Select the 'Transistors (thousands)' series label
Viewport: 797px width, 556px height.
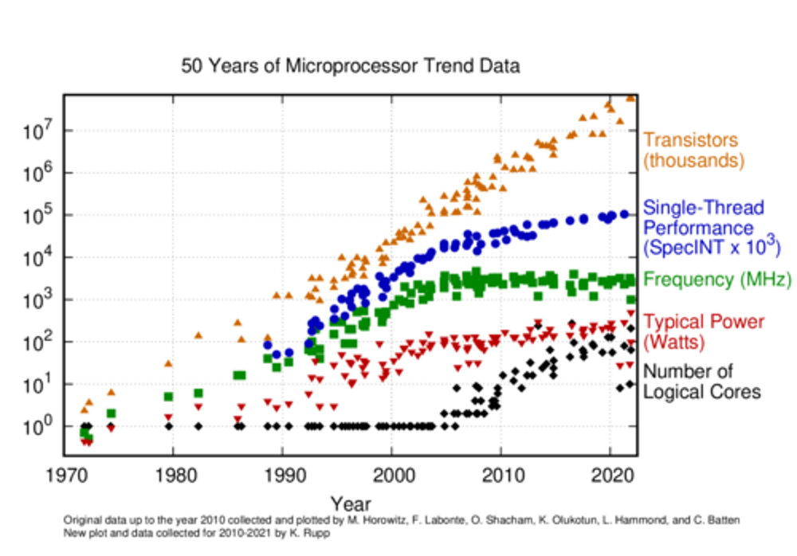pos(693,151)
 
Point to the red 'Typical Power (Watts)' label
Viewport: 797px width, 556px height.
pos(703,332)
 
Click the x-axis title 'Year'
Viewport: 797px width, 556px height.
pos(350,503)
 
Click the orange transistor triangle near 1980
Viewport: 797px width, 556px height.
pos(168,363)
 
